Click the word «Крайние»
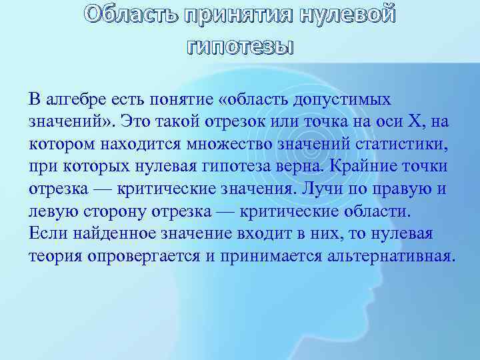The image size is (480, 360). click(x=380, y=167)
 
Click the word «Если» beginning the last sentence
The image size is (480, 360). click(x=45, y=235)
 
